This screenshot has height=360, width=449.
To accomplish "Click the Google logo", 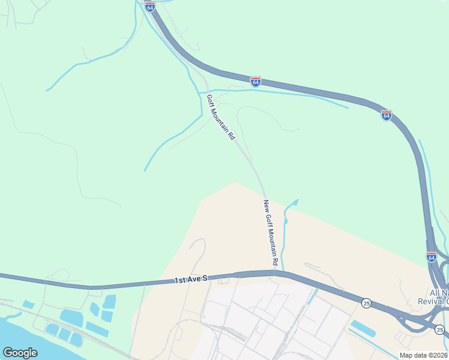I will click(x=20, y=353).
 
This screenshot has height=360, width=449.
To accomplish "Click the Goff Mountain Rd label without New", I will click(x=221, y=117).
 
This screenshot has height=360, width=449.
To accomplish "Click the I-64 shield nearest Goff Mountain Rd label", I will click(x=256, y=81).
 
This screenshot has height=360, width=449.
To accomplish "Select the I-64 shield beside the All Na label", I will click(x=432, y=257).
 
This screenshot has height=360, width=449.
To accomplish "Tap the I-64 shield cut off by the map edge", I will click(x=150, y=6).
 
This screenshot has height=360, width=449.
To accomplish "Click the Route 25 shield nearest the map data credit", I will click(x=439, y=329).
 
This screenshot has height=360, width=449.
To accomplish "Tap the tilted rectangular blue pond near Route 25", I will click(x=363, y=328).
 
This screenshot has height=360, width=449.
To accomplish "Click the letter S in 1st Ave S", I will click(x=204, y=278).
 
